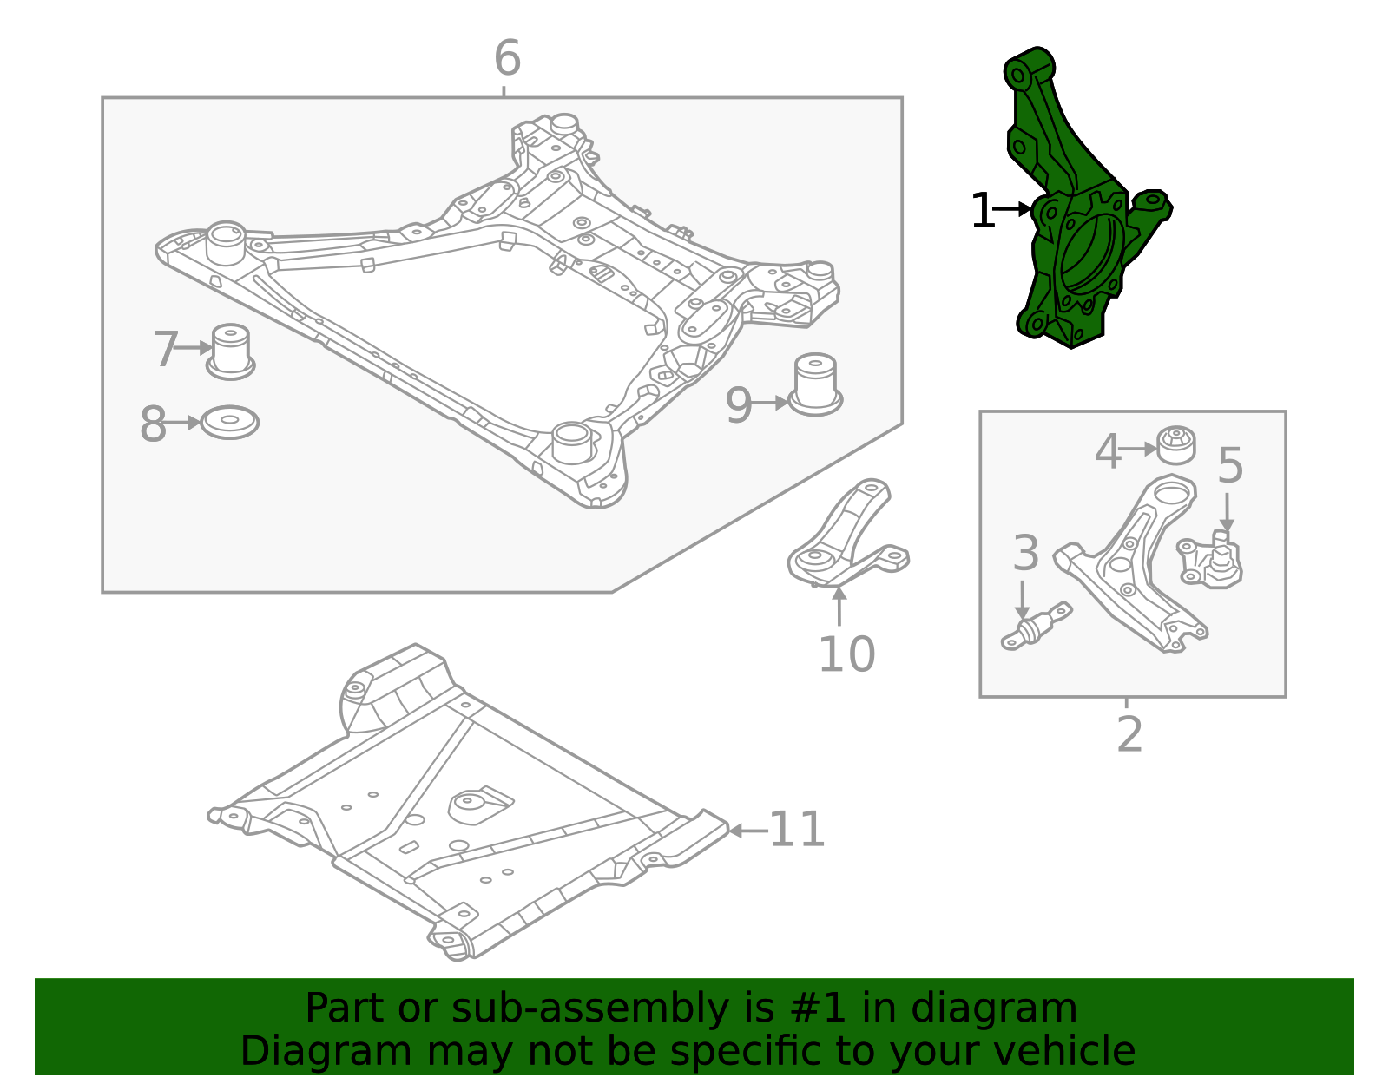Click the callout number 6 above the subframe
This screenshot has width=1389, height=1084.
point(507,59)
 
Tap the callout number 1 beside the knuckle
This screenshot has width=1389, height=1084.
point(982,211)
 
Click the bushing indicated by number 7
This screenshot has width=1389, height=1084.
point(230,351)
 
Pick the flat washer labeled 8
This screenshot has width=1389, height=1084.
point(229,423)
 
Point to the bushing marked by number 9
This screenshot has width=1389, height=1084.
point(815,383)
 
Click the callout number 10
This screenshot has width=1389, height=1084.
point(846,654)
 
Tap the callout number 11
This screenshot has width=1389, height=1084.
point(797,830)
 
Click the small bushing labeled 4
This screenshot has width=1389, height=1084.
point(1176,445)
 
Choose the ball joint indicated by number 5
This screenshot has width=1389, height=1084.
point(1214,562)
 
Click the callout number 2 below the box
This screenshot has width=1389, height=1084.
point(1129,734)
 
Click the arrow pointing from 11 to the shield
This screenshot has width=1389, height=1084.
point(746,831)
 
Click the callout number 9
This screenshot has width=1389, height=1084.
point(738,404)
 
